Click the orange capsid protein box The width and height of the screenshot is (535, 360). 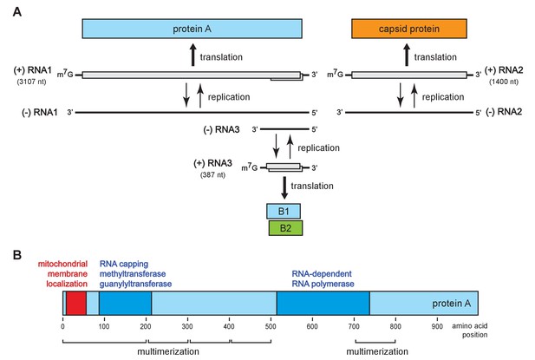click(409, 29)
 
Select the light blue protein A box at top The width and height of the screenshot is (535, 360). click(192, 29)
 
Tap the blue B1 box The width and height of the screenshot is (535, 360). click(284, 211)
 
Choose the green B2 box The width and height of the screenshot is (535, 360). click(285, 228)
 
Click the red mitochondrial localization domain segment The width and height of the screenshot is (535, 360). click(76, 303)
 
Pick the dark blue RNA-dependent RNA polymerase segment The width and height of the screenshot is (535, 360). click(323, 303)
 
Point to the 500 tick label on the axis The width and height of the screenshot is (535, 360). click(271, 326)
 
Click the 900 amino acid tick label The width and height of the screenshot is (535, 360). click(437, 326)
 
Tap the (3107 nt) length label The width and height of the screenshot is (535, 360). click(32, 82)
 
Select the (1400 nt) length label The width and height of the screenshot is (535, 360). click(504, 82)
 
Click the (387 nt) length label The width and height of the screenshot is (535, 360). click(213, 174)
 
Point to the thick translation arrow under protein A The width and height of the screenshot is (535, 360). click(193, 55)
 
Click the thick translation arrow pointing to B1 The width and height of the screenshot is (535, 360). click(284, 188)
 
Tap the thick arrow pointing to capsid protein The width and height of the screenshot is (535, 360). click(407, 55)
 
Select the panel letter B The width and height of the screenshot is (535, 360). click(17, 255)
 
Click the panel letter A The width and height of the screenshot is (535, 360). click(17, 12)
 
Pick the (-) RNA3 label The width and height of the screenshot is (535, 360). click(221, 129)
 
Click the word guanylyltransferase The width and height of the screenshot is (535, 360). click(135, 284)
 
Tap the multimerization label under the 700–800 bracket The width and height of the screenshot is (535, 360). click(377, 351)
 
